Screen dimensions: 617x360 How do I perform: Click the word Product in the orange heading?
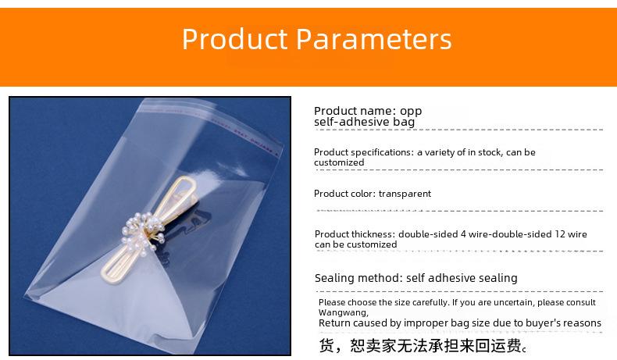[235, 39]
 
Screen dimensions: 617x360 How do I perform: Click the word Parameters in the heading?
[374, 39]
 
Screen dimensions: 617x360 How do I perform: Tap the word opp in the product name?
[411, 112]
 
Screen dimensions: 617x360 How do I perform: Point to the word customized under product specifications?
[339, 162]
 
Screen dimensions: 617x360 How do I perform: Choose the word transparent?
[405, 194]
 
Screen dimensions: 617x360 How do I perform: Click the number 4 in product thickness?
[463, 234]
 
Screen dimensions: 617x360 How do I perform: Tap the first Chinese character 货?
[326, 345]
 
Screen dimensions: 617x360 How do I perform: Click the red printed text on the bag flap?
[244, 137]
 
